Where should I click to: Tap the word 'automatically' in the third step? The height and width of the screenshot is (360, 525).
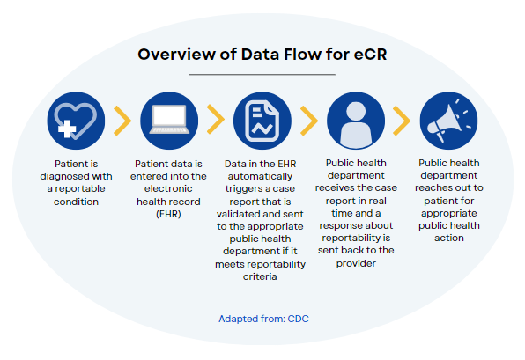[263, 175]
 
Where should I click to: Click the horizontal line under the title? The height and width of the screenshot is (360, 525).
[262, 76]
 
